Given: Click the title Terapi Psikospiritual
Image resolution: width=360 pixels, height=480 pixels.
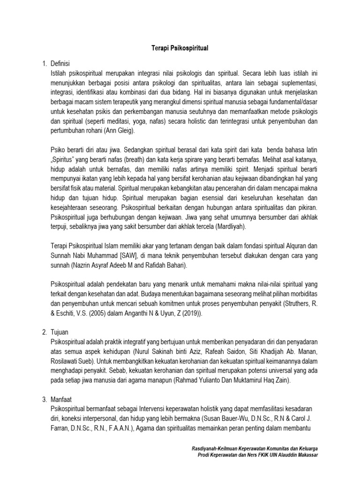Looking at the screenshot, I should coord(180,48).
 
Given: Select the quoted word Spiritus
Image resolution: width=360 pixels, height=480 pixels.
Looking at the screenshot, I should coord(65,161).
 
